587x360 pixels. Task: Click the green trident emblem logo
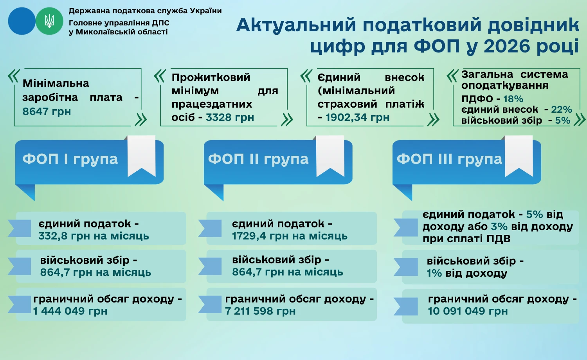tap(49, 21)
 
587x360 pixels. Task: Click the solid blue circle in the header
tap(22, 21)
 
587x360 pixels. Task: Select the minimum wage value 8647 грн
tap(47, 112)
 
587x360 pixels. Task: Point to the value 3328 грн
tap(230, 117)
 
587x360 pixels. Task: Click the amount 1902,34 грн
tap(357, 117)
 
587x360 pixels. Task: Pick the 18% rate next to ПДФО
tap(513, 99)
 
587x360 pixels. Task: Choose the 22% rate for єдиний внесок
tap(561, 110)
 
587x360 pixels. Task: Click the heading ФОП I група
tap(70, 159)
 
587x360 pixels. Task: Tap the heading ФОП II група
tap(258, 159)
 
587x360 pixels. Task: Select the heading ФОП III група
tap(449, 159)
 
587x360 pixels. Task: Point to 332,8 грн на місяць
tap(94, 236)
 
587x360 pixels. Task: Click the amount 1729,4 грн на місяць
tap(290, 236)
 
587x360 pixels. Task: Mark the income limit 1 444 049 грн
tap(70, 311)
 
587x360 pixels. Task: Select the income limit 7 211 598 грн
tap(260, 311)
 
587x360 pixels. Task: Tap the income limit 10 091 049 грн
tap(468, 311)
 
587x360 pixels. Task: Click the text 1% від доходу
tap(467, 273)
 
